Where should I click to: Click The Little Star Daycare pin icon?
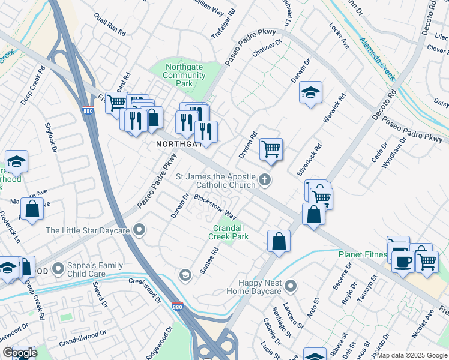[x=140, y=230]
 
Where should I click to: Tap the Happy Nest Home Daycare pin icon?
[x=291, y=286]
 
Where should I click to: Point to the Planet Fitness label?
[x=362, y=254]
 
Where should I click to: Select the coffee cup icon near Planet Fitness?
[x=402, y=260]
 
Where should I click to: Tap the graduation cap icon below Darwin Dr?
[x=310, y=93]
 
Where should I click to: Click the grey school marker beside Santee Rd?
[x=185, y=275]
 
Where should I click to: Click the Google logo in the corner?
[x=20, y=353]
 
